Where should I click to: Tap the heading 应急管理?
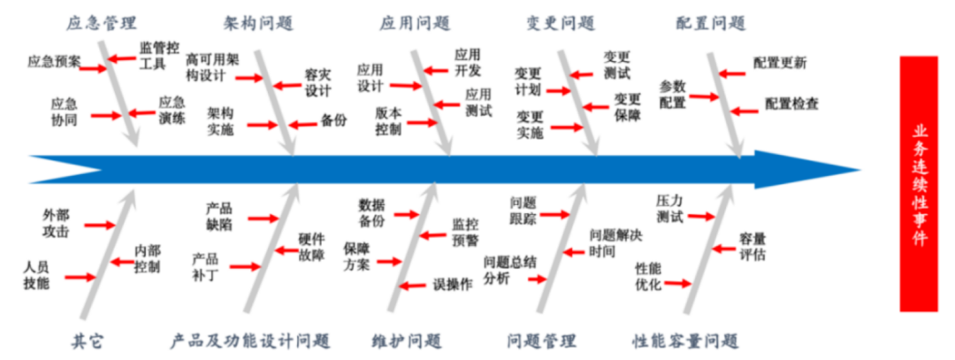click(102, 22)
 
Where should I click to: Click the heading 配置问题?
click(709, 22)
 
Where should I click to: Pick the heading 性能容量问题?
click(685, 341)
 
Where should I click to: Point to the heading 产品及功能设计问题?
click(249, 341)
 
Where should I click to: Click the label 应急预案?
click(53, 62)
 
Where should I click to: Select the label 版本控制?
click(388, 122)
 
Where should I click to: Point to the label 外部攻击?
click(55, 223)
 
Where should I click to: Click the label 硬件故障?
click(311, 248)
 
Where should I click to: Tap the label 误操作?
click(452, 285)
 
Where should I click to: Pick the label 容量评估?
click(753, 247)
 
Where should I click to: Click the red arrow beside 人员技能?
click(80, 277)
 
